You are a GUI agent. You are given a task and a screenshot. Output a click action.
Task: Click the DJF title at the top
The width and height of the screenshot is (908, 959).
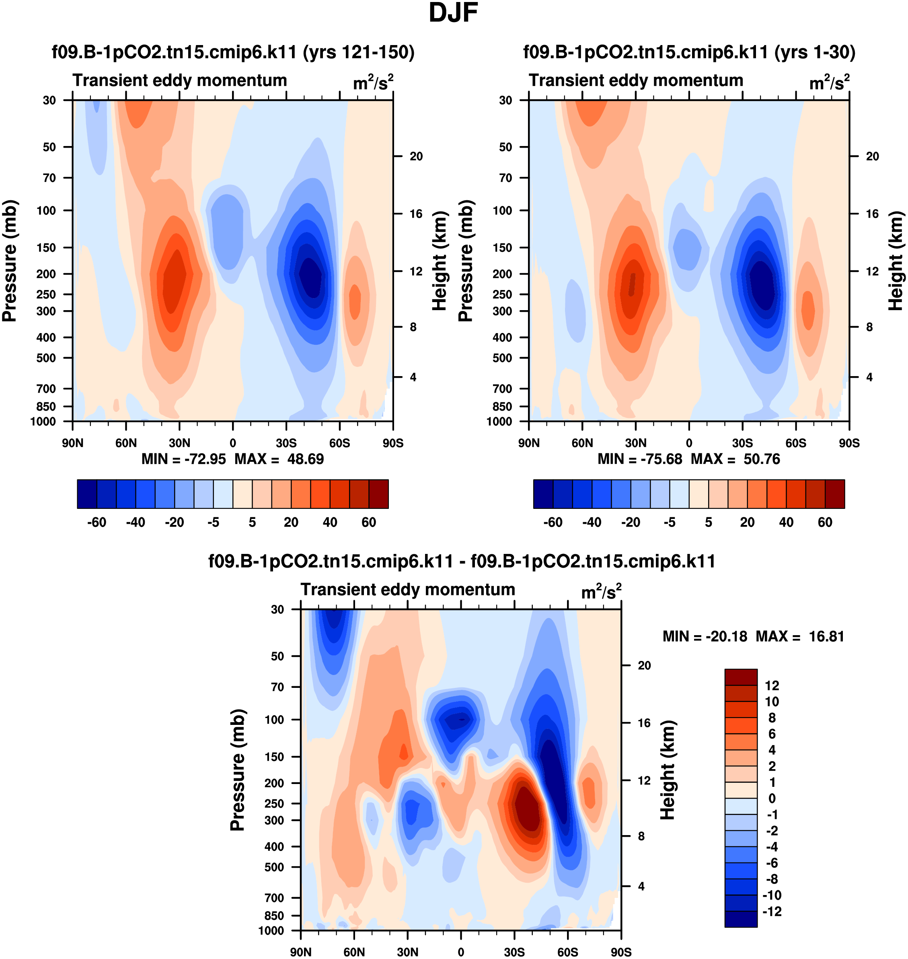pyautogui.click(x=453, y=13)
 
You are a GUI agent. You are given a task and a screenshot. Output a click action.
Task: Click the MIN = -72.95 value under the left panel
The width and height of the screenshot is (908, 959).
pyautogui.click(x=183, y=459)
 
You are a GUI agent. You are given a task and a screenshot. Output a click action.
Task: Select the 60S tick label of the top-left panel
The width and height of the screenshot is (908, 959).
pyautogui.click(x=339, y=443)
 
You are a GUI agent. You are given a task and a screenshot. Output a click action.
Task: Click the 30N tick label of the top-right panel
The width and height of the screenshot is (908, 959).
pyautogui.click(x=635, y=443)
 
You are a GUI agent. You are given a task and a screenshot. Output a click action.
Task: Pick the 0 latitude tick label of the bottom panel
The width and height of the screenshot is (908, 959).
pyautogui.click(x=461, y=952)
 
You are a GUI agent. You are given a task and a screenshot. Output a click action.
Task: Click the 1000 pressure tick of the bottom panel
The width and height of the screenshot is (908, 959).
pyautogui.click(x=271, y=930)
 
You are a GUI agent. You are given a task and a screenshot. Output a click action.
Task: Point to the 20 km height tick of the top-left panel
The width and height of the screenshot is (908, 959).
pyautogui.click(x=416, y=156)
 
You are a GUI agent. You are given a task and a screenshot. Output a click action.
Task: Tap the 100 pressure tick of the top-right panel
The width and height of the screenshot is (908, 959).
pyautogui.click(x=502, y=210)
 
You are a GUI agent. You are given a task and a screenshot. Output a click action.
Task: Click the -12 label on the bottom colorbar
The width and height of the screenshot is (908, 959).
pyautogui.click(x=772, y=912)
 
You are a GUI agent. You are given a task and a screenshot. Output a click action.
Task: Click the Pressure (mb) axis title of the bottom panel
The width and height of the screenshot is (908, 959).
pyautogui.click(x=238, y=770)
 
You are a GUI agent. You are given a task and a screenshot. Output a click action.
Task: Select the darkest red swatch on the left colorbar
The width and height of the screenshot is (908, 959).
pyautogui.click(x=378, y=494)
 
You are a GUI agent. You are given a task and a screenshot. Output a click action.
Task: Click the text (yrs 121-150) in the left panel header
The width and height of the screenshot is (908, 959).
pyautogui.click(x=359, y=52)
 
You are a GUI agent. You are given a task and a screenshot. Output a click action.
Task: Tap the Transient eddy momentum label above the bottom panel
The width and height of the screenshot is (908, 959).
pyautogui.click(x=407, y=590)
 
